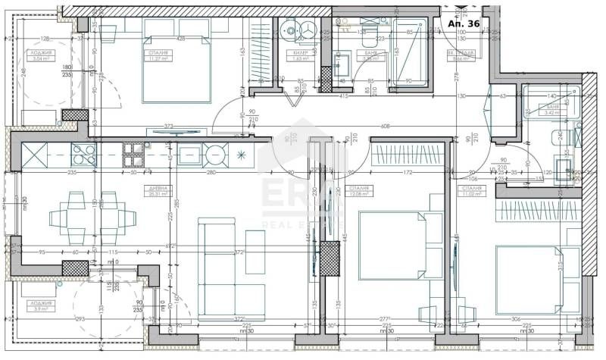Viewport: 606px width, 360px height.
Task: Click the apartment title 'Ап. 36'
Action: pos(463,23)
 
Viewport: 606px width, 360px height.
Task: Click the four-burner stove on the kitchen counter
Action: pos(133,154)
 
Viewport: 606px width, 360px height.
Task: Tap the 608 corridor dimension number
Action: pos(386,126)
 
